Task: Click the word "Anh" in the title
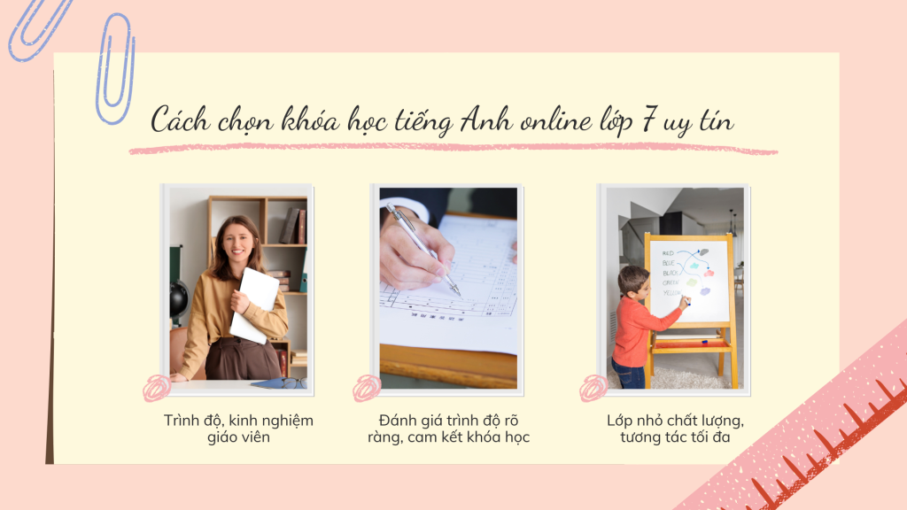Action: click(486, 120)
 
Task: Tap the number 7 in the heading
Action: click(649, 120)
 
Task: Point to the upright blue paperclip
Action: click(115, 68)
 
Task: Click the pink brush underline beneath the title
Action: click(453, 149)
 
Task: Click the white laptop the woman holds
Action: click(253, 305)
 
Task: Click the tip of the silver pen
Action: click(460, 295)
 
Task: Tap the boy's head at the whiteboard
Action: click(632, 282)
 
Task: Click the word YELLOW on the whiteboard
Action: click(671, 293)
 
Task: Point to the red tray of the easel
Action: click(690, 344)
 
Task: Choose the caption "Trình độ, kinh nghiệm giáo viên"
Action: click(238, 429)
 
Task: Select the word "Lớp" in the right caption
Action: click(619, 421)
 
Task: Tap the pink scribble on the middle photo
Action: click(367, 388)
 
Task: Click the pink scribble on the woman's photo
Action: click(157, 388)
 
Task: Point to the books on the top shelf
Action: click(292, 226)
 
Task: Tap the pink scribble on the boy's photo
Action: click(593, 388)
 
